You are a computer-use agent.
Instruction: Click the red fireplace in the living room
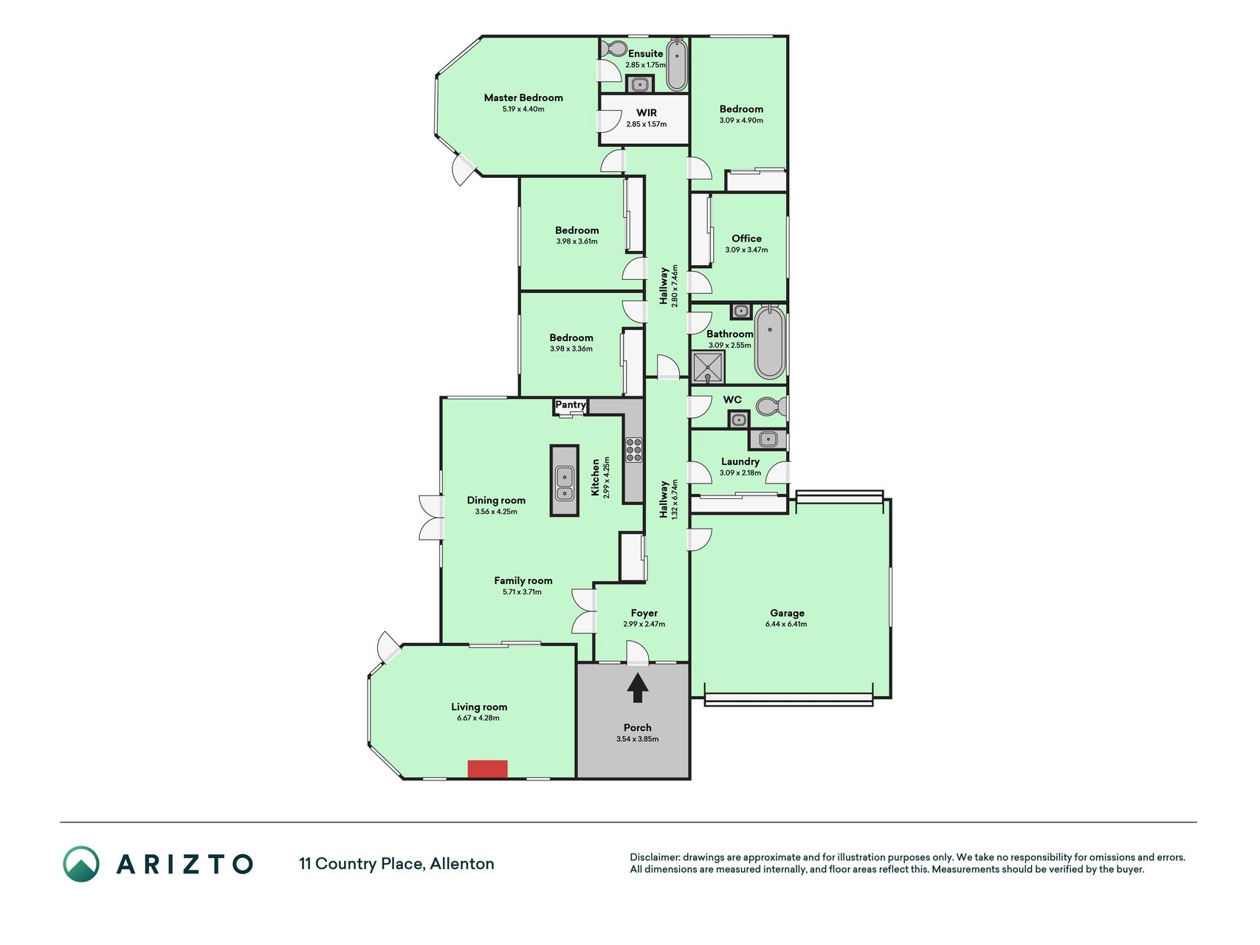(x=487, y=769)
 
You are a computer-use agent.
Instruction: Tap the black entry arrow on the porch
(x=638, y=689)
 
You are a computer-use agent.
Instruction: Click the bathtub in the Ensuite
(x=677, y=65)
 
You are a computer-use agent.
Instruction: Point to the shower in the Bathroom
(x=709, y=367)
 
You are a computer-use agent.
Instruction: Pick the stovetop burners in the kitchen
(x=634, y=450)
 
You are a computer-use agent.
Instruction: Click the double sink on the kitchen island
(x=565, y=483)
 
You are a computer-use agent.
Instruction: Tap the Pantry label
(x=571, y=405)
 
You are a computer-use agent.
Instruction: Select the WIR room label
(x=647, y=113)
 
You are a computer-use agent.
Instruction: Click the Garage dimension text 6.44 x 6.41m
(x=786, y=624)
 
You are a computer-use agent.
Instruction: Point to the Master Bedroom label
(x=523, y=97)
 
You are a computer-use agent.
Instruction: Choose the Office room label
(x=746, y=238)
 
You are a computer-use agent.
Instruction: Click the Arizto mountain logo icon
(x=81, y=864)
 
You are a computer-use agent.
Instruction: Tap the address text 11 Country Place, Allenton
(x=396, y=864)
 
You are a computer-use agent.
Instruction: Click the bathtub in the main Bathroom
(x=769, y=342)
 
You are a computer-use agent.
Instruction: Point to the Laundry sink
(x=768, y=440)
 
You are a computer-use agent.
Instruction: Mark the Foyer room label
(x=644, y=613)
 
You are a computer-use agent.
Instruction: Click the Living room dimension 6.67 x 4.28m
(x=478, y=718)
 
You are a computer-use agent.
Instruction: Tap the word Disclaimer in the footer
(x=654, y=857)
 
